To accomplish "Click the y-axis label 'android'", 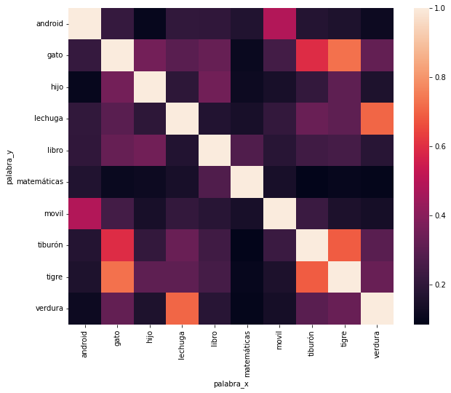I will tap(47, 24).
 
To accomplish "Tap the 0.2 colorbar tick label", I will tap(439, 285).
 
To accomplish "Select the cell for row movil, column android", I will tap(87, 213).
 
